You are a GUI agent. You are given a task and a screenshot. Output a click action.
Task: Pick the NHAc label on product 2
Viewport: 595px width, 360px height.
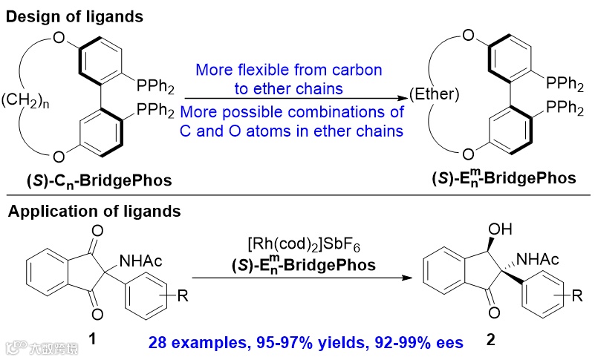click(524, 258)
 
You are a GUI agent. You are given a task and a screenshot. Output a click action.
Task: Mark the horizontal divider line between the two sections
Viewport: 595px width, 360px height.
click(297, 196)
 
